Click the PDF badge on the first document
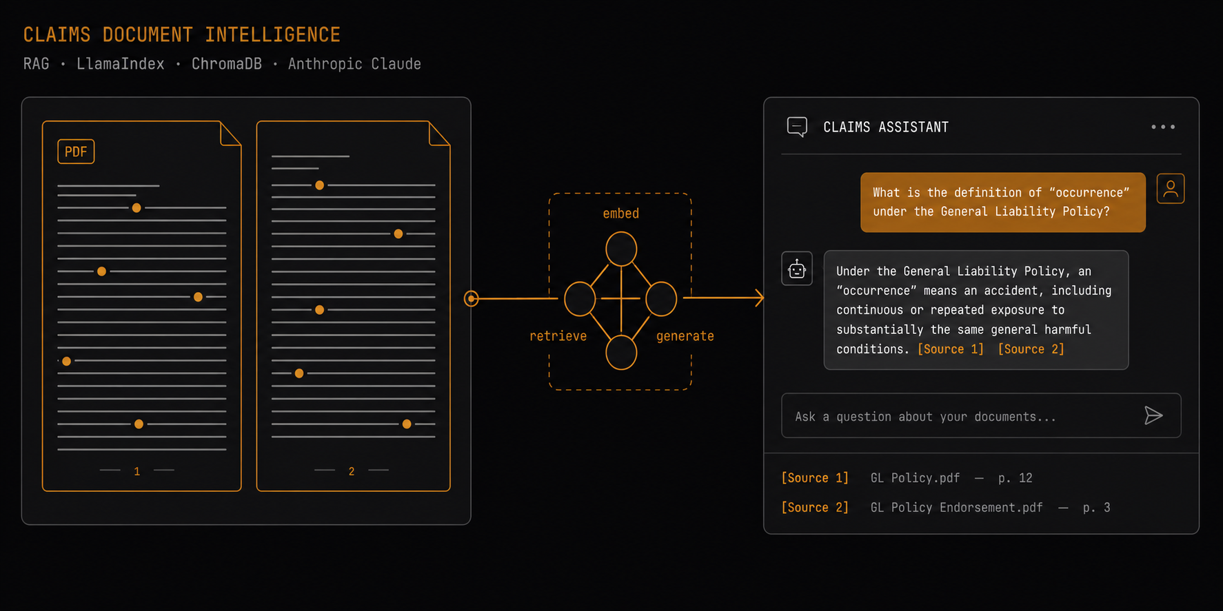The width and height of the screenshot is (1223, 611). (x=76, y=152)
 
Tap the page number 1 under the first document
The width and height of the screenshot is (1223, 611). (x=137, y=471)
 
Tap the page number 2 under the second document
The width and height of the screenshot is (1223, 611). (x=352, y=471)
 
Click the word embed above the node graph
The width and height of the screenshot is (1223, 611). (x=620, y=214)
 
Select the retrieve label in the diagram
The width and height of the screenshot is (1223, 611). (x=558, y=336)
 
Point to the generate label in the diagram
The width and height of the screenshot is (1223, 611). (x=685, y=336)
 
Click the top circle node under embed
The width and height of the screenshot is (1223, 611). (x=621, y=249)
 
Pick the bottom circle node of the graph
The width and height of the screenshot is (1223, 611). (x=621, y=353)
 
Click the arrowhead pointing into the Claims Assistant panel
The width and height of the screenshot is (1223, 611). (x=759, y=298)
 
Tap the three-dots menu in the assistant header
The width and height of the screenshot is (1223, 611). (x=1163, y=127)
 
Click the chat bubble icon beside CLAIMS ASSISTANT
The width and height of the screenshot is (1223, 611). (x=797, y=127)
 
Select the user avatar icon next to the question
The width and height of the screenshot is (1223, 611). (x=1171, y=189)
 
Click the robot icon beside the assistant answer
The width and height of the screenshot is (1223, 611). (x=797, y=269)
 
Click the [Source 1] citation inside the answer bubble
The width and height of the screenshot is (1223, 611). (x=950, y=349)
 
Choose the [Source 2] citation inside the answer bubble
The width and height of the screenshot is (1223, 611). (x=1031, y=349)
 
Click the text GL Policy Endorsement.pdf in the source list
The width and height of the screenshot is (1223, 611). (x=956, y=508)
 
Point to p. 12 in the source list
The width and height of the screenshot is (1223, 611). (x=1015, y=478)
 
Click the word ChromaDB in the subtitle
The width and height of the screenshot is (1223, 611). (x=227, y=64)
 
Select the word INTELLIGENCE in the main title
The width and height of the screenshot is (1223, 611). (x=272, y=34)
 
